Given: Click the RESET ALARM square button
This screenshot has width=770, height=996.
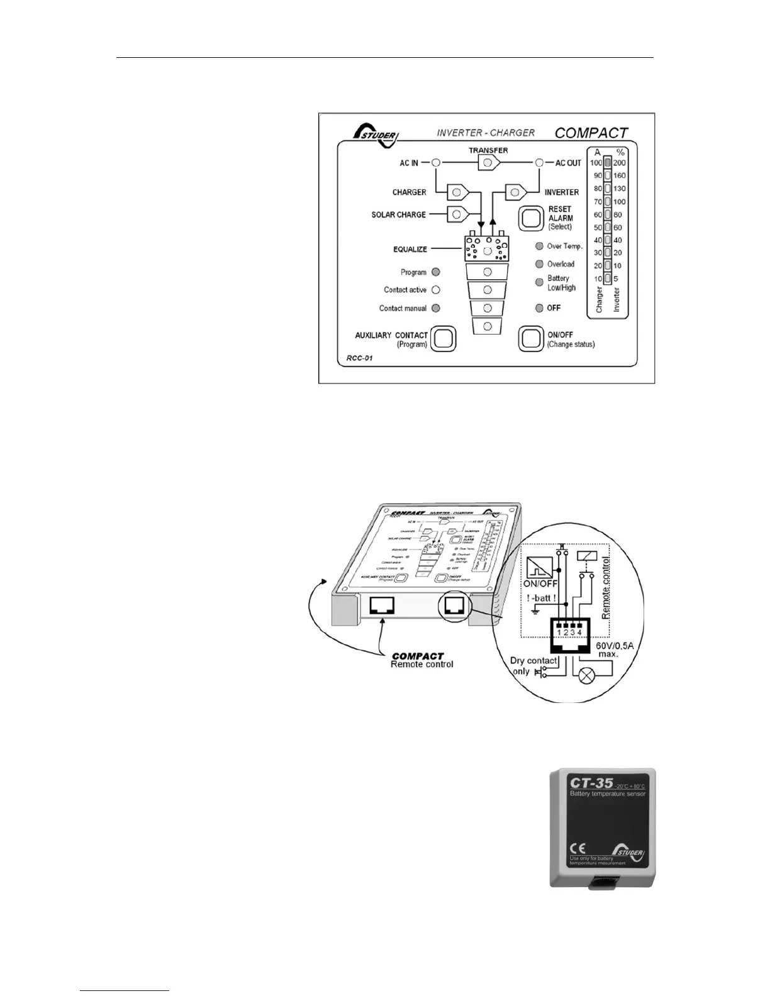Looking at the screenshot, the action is pos(530,218).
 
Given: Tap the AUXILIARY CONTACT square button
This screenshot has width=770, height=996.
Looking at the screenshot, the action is pos(443,339).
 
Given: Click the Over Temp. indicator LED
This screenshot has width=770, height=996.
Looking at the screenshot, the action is pos(539,246).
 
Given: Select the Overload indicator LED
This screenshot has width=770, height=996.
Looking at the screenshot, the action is pos(539,264).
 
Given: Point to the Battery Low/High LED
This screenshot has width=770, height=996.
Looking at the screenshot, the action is pos(539,283).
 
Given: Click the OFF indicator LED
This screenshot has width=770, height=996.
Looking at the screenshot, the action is pos(539,308).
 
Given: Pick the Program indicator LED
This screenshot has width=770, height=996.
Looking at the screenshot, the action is pos(436,272).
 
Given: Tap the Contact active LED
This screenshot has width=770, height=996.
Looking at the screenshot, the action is pos(436,290).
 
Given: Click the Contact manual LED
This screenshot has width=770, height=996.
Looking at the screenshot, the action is pos(436,308).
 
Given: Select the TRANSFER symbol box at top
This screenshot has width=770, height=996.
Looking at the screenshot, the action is pos(488,163).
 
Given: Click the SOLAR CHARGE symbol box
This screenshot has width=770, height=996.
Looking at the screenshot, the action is pos(457,214).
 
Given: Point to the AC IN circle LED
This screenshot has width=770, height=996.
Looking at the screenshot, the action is pos(435,163).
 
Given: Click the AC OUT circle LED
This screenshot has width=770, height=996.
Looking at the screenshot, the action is pos(539,163).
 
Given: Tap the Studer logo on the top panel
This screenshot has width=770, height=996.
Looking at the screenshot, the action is pos(376,133).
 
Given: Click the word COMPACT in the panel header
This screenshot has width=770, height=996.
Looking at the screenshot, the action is pos(591,133).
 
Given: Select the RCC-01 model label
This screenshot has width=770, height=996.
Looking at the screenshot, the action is pos(359,359).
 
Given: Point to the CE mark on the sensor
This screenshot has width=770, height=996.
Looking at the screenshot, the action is pos(577,846).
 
